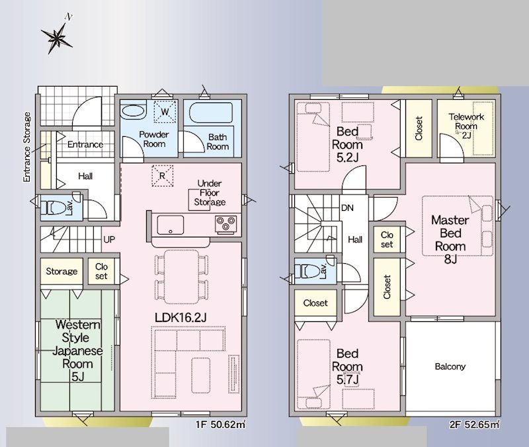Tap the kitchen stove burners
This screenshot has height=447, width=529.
point(226,224)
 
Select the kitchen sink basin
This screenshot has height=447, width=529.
point(171,225)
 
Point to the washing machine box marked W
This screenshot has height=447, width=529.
point(165,112)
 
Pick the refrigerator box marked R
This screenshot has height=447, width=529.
point(162,176)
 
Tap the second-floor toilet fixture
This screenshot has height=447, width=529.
point(307,271)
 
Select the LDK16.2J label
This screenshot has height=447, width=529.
point(181,317)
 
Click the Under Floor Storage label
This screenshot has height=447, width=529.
point(210,192)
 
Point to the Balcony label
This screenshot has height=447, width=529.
point(450,366)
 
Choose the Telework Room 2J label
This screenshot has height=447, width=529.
point(466,126)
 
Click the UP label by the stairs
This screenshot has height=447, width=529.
point(109,239)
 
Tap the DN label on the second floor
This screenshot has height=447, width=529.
point(347,208)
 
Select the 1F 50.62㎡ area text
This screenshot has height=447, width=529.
point(221,425)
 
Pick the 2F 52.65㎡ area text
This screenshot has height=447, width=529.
point(474,425)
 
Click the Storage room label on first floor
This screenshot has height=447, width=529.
point(61,271)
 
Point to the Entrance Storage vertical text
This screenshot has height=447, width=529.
point(27,147)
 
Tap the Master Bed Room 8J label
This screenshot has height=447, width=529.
point(450,239)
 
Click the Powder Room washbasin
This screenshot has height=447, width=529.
point(133,111)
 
